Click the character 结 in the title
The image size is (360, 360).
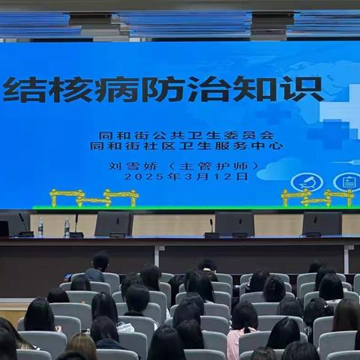pyautogui.click(x=22, y=89)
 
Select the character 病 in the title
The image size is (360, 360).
pyautogui.click(x=115, y=89)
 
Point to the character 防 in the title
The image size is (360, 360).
pyautogui.click(x=162, y=89)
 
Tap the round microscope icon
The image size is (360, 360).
pyautogui.click(x=305, y=181)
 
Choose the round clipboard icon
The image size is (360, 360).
pyautogui.click(x=346, y=181)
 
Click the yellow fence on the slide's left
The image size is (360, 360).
pyautogui.click(x=94, y=198)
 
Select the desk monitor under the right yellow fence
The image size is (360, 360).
pyautogui.click(x=322, y=223)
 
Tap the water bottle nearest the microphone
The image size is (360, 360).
pyautogui.click(x=67, y=227)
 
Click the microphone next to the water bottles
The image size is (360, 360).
pyautogui.click(x=75, y=225)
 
